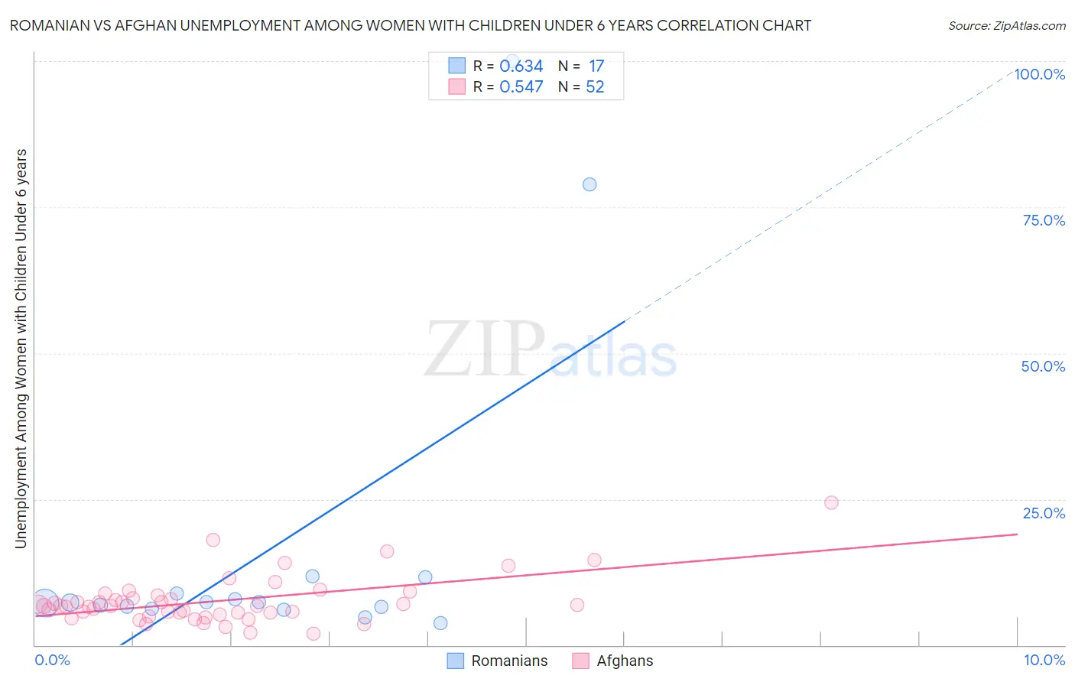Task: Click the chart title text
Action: click(x=410, y=25)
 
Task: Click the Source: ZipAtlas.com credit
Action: click(x=1006, y=25)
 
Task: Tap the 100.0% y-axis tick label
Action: click(x=1039, y=74)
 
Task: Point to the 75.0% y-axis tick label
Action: click(x=1044, y=220)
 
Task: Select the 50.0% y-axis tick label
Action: click(x=1043, y=366)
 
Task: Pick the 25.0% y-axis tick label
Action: click(x=1044, y=513)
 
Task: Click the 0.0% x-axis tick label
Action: click(x=52, y=660)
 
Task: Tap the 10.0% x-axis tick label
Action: click(x=1044, y=660)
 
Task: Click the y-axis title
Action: click(x=21, y=349)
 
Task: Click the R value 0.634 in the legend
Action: click(x=521, y=67)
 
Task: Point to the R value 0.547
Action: click(x=521, y=87)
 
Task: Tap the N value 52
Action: click(x=595, y=87)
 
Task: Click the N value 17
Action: click(x=596, y=67)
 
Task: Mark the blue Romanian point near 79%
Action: click(x=589, y=184)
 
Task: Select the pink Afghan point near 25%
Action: click(x=831, y=502)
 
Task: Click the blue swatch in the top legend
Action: click(x=456, y=66)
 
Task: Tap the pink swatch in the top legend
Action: click(x=456, y=86)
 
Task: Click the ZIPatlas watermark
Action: click(x=550, y=350)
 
